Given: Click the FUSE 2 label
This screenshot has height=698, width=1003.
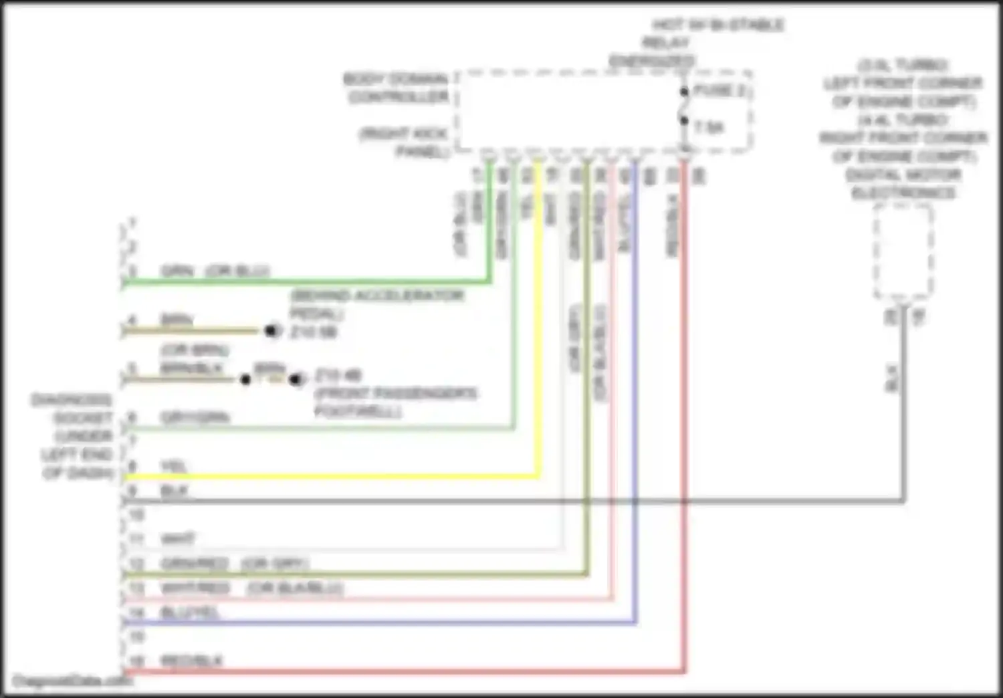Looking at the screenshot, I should [719, 90].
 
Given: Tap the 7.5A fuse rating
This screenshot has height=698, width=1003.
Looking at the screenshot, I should [709, 127].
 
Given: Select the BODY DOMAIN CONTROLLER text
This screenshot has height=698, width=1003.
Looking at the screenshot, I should [397, 88].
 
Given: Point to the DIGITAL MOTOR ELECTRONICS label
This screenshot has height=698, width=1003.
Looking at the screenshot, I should [903, 184].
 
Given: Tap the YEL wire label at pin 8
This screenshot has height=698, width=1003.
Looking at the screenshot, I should [173, 466].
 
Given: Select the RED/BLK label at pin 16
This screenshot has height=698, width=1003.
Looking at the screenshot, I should [191, 661].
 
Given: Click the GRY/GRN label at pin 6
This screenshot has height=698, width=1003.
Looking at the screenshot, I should [195, 418].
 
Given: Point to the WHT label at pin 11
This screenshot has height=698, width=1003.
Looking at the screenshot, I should [178, 539].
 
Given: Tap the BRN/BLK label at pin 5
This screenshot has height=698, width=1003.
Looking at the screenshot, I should [191, 368].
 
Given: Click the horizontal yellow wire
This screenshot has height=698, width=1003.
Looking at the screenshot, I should [334, 477].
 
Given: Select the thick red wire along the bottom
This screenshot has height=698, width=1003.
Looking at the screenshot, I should [401, 671].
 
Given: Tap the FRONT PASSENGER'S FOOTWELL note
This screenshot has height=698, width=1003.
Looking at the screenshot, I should [395, 401].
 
